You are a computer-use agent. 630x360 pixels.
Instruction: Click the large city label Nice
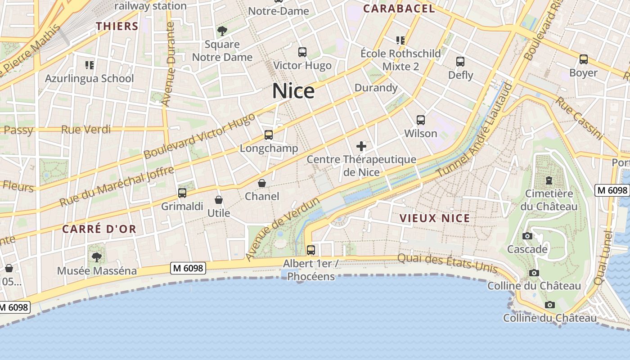point(293,91)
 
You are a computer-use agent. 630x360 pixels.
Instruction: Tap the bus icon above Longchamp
point(269,135)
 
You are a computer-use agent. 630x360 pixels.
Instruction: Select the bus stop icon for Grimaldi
point(182,193)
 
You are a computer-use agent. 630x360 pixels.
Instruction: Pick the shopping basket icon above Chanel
point(262,183)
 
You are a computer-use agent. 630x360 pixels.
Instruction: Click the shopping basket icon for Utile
point(219,200)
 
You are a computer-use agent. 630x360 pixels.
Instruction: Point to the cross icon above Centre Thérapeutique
point(361,146)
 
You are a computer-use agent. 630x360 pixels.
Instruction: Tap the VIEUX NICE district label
point(435,219)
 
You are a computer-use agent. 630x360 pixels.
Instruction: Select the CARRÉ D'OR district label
point(99,229)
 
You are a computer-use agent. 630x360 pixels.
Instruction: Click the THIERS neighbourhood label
point(117,26)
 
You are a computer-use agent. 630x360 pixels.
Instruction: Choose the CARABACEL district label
point(399,9)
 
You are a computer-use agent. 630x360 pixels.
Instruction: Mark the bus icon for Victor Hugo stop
point(302,52)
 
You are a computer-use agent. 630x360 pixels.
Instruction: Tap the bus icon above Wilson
point(421,120)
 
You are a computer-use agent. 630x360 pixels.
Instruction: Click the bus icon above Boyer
point(584,59)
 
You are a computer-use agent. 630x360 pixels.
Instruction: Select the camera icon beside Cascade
point(527,236)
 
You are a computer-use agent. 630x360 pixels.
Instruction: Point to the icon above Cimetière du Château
point(549,181)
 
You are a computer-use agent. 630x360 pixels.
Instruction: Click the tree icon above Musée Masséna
point(96,257)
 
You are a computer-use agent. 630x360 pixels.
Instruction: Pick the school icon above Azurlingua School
point(89,65)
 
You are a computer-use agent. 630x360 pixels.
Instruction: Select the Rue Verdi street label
point(86,130)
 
